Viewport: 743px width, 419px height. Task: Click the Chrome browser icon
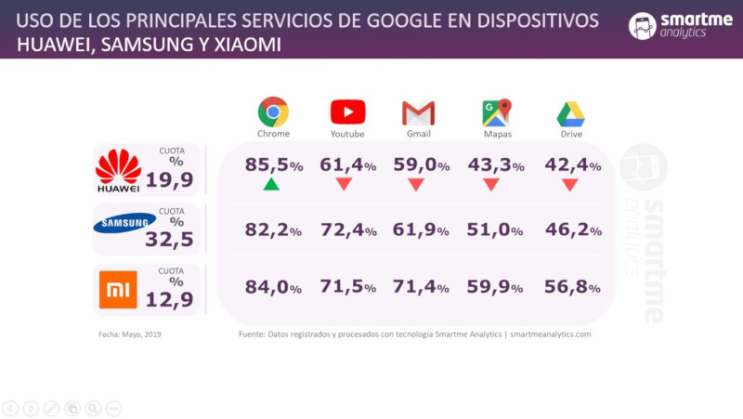coord(273,112)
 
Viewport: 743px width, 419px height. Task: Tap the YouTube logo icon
coord(347,112)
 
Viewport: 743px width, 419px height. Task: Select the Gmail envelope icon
coord(418,113)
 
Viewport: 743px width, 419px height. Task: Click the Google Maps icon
coord(497,112)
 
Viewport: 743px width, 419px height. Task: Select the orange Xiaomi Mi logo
coord(118,288)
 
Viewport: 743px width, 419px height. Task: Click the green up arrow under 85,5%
coord(271,184)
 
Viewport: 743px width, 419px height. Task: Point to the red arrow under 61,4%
coord(344,184)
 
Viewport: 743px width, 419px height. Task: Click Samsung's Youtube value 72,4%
coord(347,228)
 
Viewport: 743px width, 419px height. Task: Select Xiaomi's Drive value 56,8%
coord(573,287)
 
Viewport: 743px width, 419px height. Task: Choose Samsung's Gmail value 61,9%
coord(423,228)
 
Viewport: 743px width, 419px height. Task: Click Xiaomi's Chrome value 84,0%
coord(274,287)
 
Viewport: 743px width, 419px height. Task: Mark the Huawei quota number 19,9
coord(169,179)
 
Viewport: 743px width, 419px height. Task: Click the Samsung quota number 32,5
coord(169,239)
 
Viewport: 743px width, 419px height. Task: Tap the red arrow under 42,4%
coord(570,184)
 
